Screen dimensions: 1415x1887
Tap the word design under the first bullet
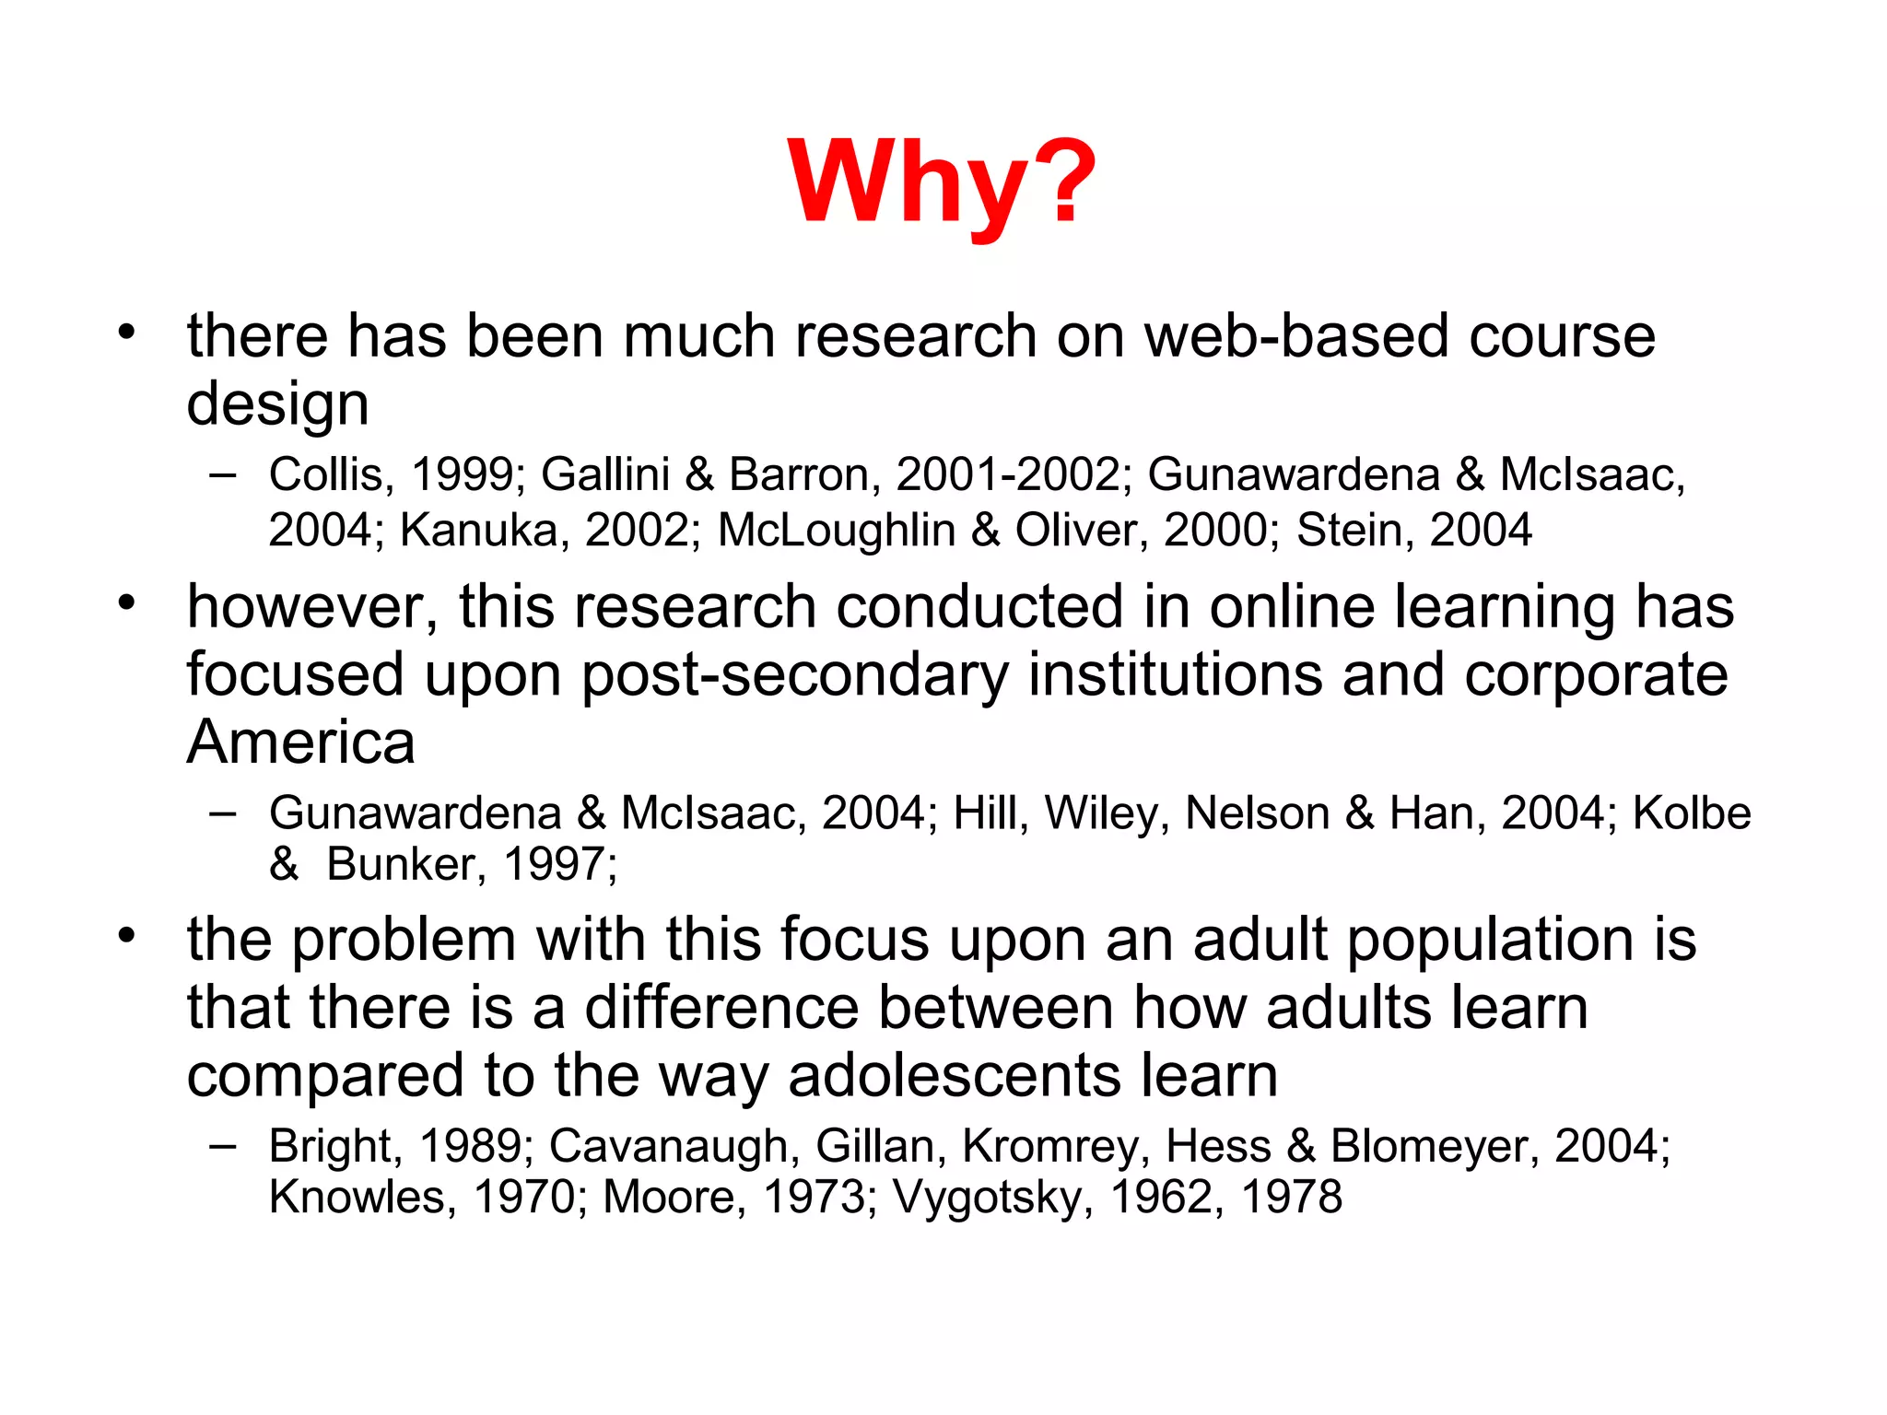tap(277, 404)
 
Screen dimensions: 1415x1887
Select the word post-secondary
tap(795, 675)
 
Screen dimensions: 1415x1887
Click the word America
tap(300, 743)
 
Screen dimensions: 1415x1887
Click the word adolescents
tap(955, 1076)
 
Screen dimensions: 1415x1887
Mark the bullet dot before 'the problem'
tap(126, 936)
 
